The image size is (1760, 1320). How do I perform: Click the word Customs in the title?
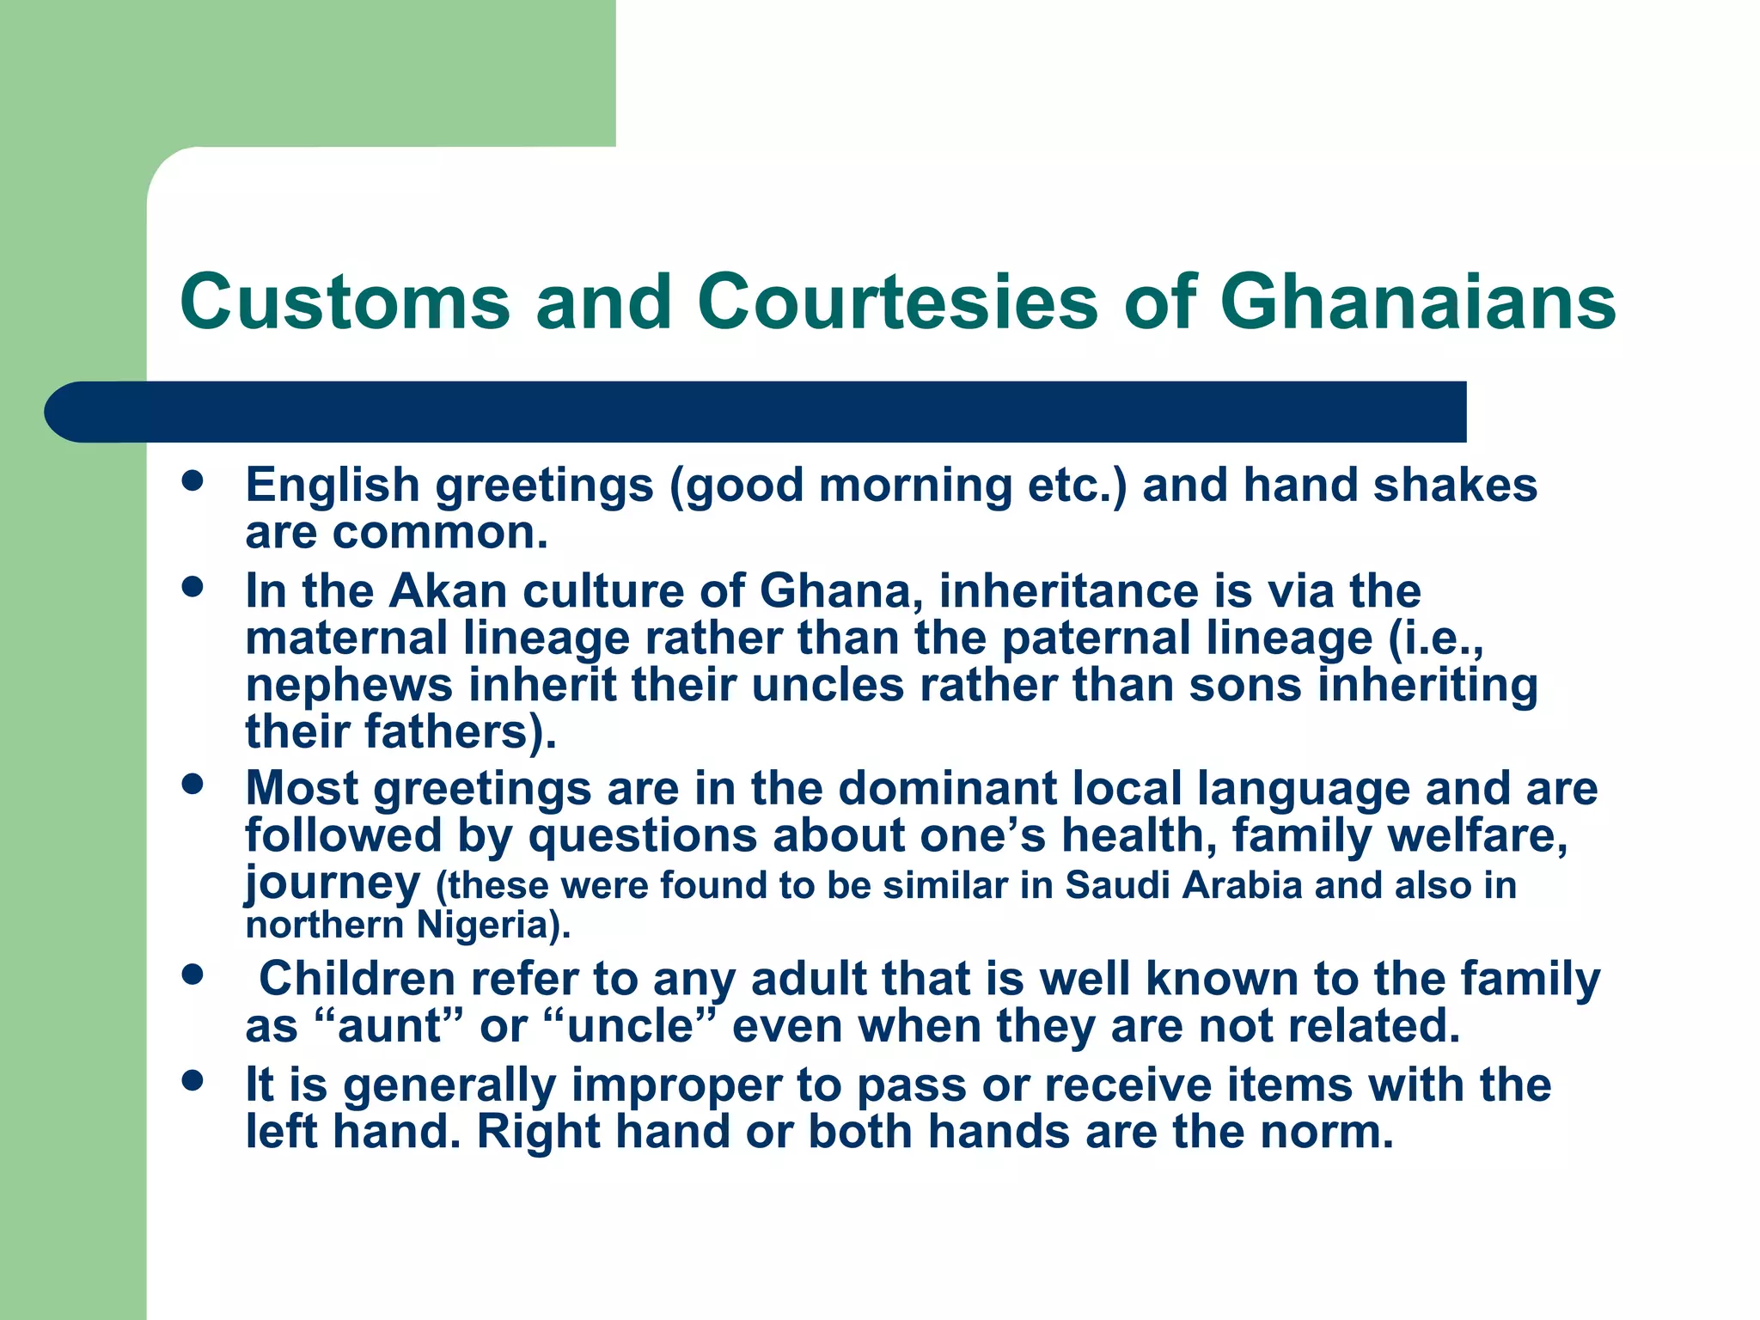[345, 302]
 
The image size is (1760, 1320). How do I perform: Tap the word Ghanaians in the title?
[1417, 302]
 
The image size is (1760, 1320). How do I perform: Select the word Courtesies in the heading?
[897, 302]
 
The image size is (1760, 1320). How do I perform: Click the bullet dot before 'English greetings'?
[192, 480]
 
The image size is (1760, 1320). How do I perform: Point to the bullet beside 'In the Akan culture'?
[192, 587]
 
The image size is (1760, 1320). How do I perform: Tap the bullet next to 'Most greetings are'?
[192, 784]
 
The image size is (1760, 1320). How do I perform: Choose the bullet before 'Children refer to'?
[192, 975]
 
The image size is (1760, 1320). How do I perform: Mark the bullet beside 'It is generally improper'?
[192, 1080]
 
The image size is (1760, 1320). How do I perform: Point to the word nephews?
[349, 687]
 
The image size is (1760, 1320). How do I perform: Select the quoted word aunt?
[390, 1026]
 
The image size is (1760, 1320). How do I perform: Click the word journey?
[333, 884]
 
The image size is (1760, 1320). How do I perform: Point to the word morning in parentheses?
[915, 486]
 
